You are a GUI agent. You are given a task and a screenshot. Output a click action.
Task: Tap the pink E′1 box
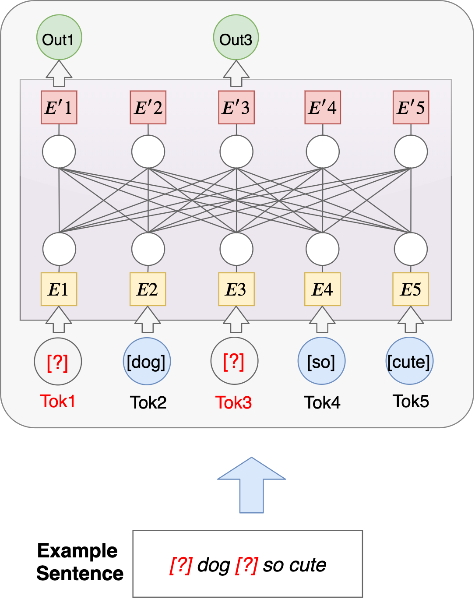point(59,108)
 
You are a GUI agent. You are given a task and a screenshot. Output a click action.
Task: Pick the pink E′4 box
point(323,108)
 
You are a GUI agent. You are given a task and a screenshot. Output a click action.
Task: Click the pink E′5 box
point(411,108)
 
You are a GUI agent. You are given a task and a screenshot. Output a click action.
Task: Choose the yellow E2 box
point(148,289)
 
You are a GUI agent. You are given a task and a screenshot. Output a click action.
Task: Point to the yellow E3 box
point(236,289)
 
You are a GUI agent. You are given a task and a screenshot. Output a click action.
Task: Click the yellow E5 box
point(411,289)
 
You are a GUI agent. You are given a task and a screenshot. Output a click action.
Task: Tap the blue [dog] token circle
point(147,362)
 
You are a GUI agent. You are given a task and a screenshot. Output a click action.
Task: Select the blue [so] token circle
point(322,362)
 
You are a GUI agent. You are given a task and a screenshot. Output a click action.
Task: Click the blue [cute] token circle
point(410,362)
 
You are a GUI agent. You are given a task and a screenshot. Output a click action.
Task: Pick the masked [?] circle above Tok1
point(58,362)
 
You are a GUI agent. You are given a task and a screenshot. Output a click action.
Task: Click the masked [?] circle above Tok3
point(234,362)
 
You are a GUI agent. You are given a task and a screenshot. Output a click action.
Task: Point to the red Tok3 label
point(234,402)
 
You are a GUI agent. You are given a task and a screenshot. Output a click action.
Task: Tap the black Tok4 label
point(322,402)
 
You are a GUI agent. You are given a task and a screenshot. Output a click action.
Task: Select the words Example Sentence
point(80,562)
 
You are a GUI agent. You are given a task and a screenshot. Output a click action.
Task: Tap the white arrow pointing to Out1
point(59,73)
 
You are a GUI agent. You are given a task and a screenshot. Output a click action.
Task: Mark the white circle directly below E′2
point(148,152)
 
